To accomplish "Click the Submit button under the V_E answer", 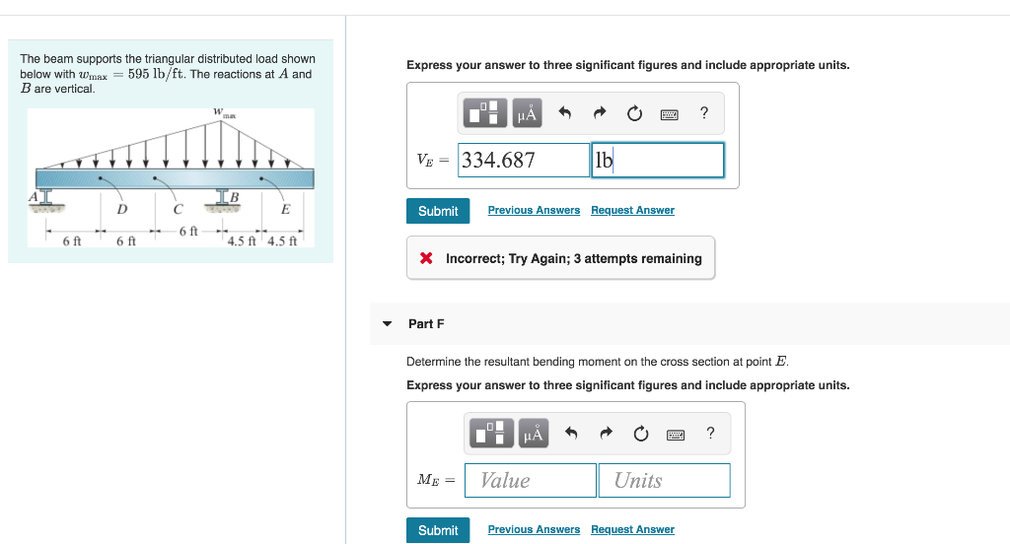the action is point(438,211).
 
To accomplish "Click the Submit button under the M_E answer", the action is point(438,530).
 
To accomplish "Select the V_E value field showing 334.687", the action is point(524,161).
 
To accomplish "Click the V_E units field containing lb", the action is point(658,161).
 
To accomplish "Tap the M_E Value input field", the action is point(530,480).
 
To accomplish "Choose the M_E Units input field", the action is point(664,480).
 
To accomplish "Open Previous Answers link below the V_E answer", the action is point(534,211).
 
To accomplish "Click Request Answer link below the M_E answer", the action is point(632,530).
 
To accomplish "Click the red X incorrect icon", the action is point(426,258).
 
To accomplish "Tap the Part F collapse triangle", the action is point(387,324).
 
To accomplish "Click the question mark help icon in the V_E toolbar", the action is point(704,113).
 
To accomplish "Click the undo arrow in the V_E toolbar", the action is point(565,113).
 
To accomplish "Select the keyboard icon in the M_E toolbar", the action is point(676,435).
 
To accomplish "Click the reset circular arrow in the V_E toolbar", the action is point(634,114).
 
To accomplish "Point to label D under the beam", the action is point(121,209).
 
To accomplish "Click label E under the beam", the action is point(285,209).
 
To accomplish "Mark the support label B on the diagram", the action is point(235,197).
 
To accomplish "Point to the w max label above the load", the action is point(224,113).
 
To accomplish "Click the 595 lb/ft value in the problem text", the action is point(154,74).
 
